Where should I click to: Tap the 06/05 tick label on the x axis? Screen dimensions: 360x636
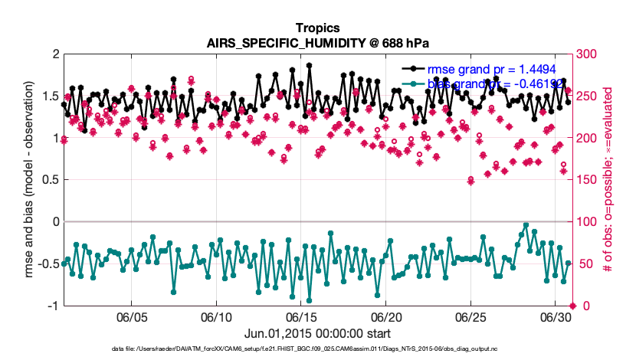click(x=131, y=317)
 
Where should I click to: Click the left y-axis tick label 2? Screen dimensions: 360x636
click(x=55, y=54)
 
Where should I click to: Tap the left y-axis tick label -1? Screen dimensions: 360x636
click(x=53, y=306)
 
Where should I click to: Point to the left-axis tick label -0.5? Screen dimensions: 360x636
click(x=48, y=264)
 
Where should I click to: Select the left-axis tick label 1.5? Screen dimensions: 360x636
click(x=51, y=97)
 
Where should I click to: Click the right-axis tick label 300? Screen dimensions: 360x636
click(x=587, y=54)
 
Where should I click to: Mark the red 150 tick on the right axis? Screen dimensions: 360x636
click(x=587, y=180)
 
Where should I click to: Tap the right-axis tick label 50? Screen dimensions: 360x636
click(x=584, y=264)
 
